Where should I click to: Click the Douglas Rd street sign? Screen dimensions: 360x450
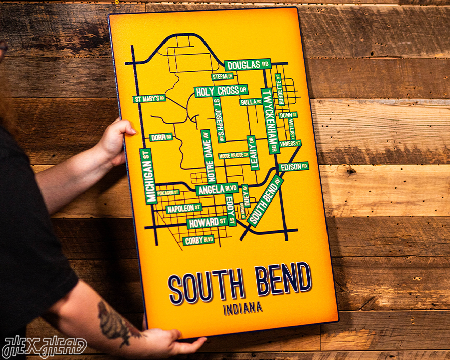248,65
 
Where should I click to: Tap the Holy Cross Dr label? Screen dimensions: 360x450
221,91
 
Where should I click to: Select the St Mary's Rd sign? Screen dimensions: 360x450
149,98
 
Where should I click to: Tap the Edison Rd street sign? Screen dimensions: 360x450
294,166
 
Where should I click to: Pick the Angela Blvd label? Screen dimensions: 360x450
217,190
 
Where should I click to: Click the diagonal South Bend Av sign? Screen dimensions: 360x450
266,201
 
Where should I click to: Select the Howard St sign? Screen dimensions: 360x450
207,222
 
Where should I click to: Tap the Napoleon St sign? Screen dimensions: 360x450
183,208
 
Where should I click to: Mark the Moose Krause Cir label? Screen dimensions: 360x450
233,155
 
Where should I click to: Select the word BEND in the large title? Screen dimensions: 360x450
282,279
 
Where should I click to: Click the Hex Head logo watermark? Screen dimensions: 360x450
44,347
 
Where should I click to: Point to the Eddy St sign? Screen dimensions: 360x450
230,210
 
